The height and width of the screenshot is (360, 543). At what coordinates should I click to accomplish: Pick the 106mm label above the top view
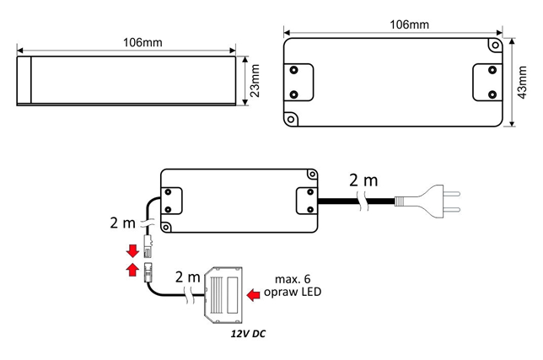[409, 24]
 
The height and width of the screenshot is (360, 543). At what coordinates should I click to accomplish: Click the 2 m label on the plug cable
[363, 180]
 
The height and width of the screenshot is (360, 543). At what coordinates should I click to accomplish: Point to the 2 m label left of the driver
[124, 223]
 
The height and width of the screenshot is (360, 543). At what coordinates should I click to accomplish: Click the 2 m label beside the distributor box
[187, 276]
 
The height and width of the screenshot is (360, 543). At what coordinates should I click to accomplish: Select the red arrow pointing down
[132, 250]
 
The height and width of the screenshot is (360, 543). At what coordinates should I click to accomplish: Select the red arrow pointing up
[132, 270]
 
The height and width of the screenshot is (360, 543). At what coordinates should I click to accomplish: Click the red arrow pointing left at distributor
[254, 294]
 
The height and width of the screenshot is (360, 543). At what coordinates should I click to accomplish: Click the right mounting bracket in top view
[487, 82]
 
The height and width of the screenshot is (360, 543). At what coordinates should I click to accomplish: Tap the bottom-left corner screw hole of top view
[292, 118]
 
